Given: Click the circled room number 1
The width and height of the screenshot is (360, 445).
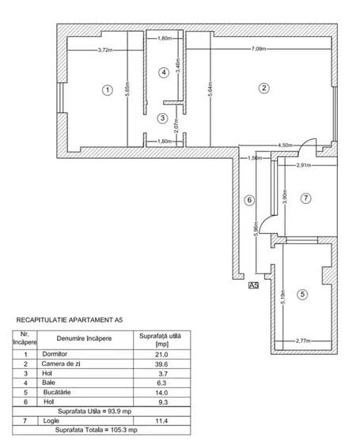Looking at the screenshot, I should point(107,89).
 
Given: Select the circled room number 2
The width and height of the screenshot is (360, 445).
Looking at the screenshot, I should point(264,88).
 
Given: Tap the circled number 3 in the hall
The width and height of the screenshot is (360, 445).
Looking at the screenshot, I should point(162,119).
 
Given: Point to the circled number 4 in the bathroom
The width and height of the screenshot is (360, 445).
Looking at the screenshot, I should point(164,73).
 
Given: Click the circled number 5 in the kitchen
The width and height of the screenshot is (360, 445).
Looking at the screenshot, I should point(301,295).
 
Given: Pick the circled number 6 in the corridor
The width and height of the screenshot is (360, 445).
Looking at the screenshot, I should point(248,200).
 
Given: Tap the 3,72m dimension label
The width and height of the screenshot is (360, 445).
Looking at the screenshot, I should point(99,50).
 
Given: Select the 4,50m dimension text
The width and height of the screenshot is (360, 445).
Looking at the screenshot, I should point(286,145).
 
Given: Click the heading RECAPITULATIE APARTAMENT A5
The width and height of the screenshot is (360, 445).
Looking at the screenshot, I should point(70,320).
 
